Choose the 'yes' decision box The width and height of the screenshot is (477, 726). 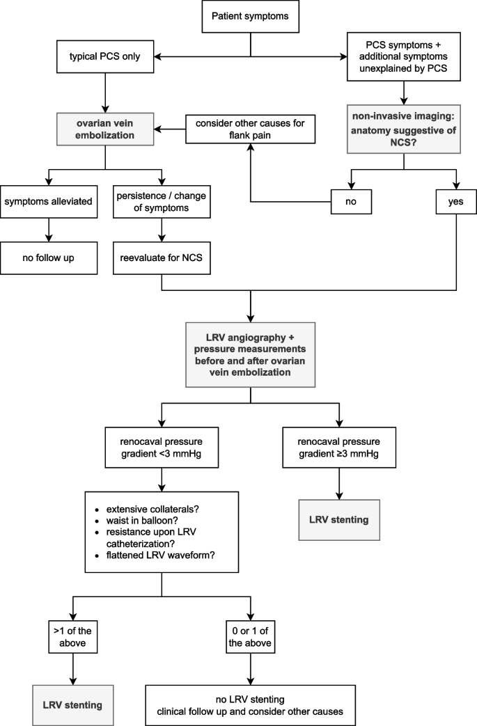[x=456, y=203]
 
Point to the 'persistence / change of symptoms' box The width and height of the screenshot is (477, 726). [x=162, y=202]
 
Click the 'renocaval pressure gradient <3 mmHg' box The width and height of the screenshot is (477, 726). [x=162, y=447]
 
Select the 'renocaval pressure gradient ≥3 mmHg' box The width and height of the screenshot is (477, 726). [x=339, y=447]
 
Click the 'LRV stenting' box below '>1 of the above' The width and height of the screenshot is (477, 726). [x=73, y=704]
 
